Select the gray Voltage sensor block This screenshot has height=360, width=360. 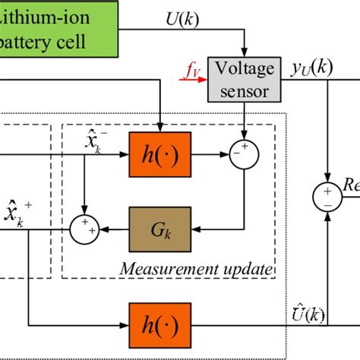(x=245, y=79)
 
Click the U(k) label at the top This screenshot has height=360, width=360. (x=182, y=17)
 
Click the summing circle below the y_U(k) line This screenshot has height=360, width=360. (x=326, y=195)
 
